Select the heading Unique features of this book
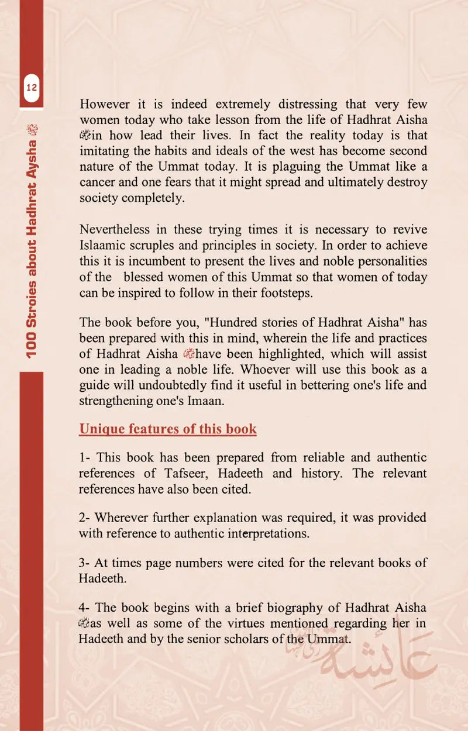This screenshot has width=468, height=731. click(168, 429)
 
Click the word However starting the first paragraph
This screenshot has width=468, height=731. click(105, 105)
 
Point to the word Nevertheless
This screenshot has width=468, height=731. click(115, 229)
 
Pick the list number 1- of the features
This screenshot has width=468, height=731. click(85, 458)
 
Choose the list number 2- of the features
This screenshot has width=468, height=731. click(85, 518)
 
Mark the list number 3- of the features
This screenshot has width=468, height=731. click(85, 563)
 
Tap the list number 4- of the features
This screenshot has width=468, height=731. click(85, 608)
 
